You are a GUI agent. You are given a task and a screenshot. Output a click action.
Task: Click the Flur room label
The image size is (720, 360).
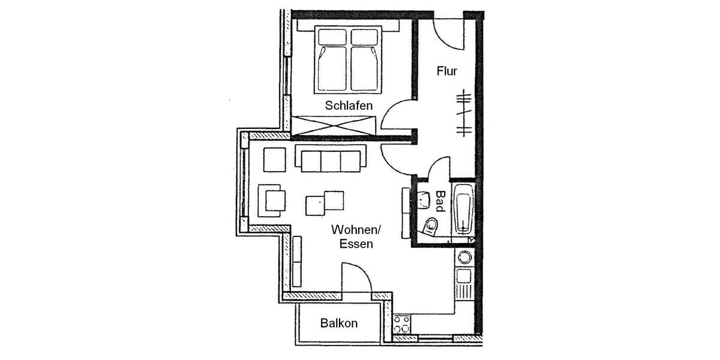click(447, 72)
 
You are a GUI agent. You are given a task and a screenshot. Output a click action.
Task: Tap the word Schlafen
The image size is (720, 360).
click(349, 106)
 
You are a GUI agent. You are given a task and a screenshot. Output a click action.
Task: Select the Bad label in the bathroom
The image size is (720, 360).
click(440, 202)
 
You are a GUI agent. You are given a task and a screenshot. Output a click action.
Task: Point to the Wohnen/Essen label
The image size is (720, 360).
click(356, 236)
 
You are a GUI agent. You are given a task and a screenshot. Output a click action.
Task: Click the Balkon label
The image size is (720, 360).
click(338, 323)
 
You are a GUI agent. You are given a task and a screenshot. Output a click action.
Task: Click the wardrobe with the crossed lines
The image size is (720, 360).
click(334, 125)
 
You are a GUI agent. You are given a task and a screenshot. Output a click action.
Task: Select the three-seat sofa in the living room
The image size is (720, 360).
click(330, 159)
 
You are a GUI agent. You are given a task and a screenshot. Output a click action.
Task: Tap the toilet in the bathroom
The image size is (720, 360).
click(430, 226)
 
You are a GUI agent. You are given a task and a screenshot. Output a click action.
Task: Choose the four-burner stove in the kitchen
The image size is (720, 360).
click(401, 326)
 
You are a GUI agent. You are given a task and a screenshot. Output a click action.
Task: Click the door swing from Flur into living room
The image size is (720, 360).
click(396, 157)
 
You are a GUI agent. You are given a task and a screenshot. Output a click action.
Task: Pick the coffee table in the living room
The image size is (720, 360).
click(325, 202)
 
